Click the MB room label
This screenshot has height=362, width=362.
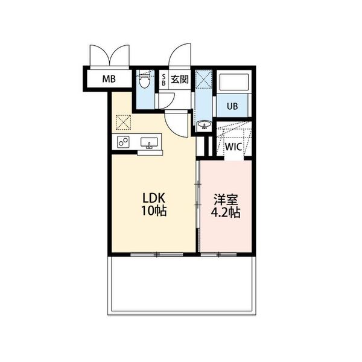[x=109, y=79]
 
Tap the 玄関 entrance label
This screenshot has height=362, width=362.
[x=180, y=80]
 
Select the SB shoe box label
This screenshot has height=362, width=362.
[x=164, y=80]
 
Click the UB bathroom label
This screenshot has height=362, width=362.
[x=232, y=106]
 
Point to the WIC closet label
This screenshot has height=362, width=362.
[x=233, y=147]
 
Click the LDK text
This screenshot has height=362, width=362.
[x=153, y=198]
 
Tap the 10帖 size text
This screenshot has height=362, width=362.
[x=154, y=211]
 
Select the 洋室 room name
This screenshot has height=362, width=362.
[x=226, y=200]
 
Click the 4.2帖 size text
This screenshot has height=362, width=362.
[x=226, y=212]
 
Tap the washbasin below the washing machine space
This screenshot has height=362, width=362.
[x=204, y=125]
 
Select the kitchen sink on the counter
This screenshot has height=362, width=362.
[x=149, y=142]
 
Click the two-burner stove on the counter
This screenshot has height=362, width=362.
[x=123, y=142]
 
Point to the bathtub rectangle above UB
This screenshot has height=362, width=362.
[x=234, y=82]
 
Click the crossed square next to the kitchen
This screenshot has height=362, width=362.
[x=123, y=122]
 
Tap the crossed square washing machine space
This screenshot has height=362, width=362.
[x=204, y=79]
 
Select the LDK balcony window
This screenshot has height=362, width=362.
[x=157, y=255]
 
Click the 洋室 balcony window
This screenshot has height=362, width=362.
[x=218, y=255]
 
